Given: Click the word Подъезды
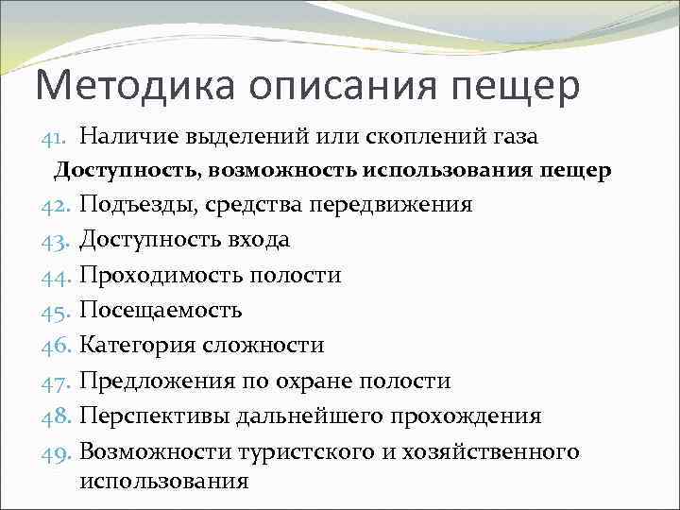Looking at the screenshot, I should tap(138, 205).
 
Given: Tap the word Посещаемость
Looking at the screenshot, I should tap(161, 310).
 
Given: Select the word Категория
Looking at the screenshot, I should tap(138, 345).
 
